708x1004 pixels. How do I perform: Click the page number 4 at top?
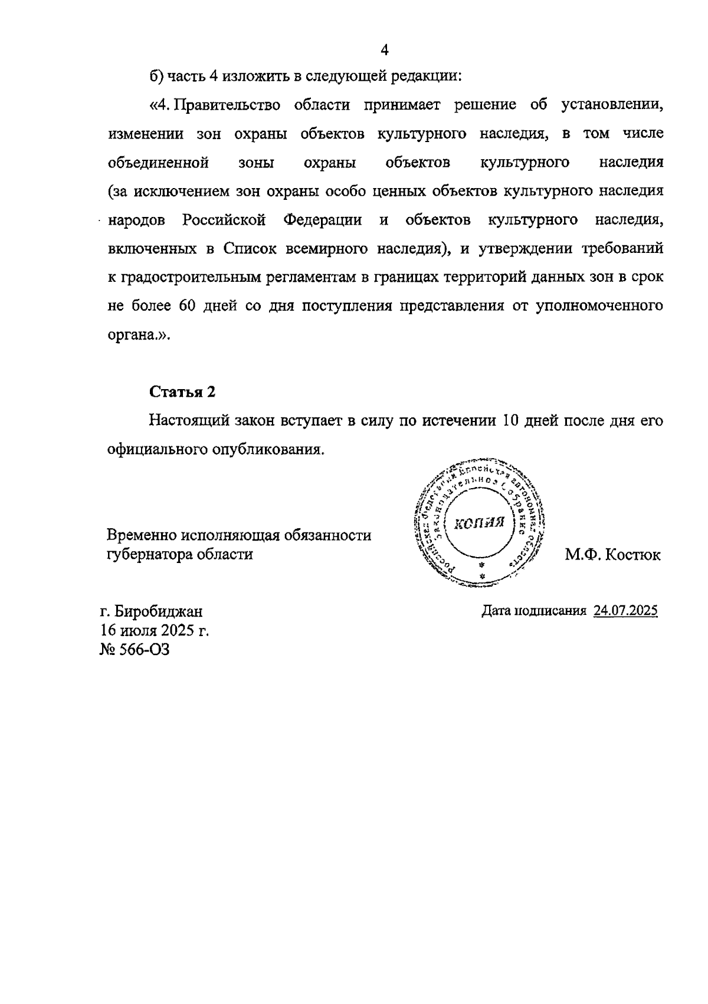tap(384, 50)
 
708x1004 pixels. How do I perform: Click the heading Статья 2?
tap(183, 392)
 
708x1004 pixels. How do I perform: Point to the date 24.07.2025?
tap(625, 611)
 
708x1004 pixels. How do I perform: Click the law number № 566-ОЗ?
tap(135, 650)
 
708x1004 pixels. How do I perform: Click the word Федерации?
tap(323, 220)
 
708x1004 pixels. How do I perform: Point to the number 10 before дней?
tap(509, 421)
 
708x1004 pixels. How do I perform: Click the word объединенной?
tap(159, 162)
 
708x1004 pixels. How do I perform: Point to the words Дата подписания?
tap(533, 611)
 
